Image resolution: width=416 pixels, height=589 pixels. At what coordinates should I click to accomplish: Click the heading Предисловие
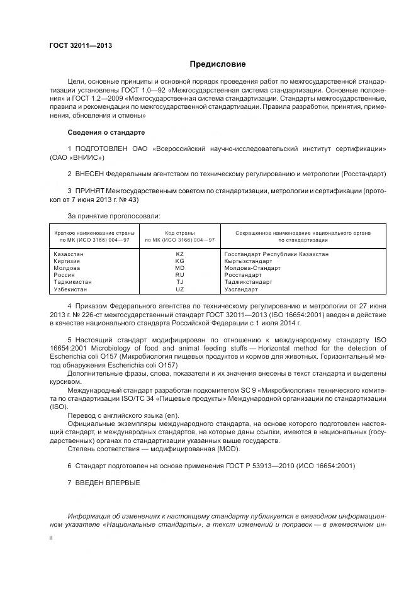coord(218,64)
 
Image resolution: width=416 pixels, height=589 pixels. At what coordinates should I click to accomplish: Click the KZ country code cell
coord(179,254)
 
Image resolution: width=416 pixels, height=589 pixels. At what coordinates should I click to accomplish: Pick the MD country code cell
coord(179,268)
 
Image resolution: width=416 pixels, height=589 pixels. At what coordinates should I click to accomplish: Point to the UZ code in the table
coord(179,289)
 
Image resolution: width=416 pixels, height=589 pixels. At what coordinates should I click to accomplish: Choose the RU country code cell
coord(179,275)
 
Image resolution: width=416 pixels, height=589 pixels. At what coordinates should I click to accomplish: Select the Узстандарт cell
coord(241,289)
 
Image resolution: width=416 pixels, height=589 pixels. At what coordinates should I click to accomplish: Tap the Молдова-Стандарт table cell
coord(252,268)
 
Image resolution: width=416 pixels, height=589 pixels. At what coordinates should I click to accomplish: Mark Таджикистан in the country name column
coord(73,283)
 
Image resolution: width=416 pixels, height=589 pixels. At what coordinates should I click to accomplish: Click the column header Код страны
coord(179,233)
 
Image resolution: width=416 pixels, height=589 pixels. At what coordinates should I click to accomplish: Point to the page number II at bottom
coord(52,538)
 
